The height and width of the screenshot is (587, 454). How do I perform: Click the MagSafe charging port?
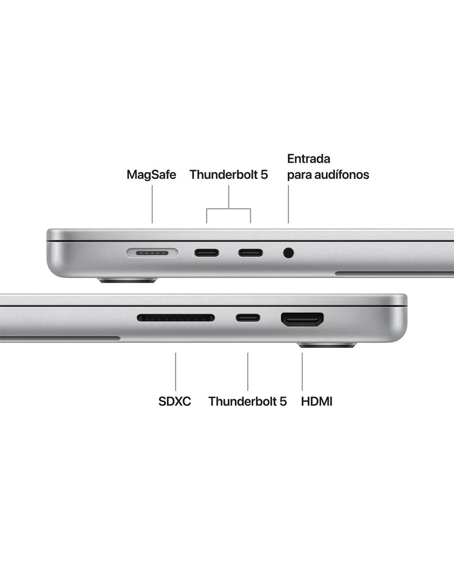click(152, 253)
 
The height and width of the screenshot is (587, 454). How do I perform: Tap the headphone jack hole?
click(288, 253)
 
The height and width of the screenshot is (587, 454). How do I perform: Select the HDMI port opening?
click(302, 320)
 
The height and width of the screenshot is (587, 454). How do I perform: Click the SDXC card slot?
click(176, 318)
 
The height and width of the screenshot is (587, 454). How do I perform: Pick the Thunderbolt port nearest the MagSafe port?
click(207, 253)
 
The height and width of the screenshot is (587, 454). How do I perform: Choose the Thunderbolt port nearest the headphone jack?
click(251, 253)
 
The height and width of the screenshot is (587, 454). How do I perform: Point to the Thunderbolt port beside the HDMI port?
click(248, 318)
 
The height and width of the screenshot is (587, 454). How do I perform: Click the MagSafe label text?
click(152, 174)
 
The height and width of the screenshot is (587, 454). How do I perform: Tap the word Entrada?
click(309, 158)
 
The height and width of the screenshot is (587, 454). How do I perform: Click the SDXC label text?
click(175, 401)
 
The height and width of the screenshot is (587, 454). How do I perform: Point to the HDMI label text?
click(317, 401)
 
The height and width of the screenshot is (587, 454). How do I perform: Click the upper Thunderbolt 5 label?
click(229, 174)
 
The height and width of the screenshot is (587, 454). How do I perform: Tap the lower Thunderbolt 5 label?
click(247, 401)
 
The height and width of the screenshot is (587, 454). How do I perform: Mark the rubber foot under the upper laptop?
click(128, 280)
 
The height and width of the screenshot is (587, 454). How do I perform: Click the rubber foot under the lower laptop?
click(326, 344)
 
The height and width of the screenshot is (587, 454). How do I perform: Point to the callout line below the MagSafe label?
click(152, 204)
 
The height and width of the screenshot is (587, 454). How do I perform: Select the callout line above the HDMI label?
click(302, 372)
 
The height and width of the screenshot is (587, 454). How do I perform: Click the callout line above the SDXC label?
click(175, 372)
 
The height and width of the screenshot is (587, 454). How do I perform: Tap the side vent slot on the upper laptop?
click(394, 273)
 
